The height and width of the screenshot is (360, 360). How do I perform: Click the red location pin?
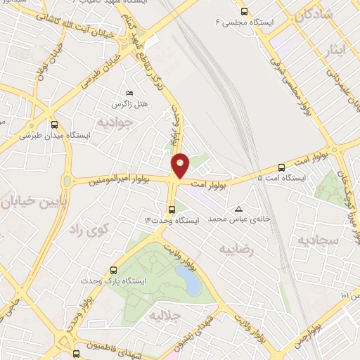tap(180, 165)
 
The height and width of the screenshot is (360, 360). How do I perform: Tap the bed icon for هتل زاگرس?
tap(128, 94)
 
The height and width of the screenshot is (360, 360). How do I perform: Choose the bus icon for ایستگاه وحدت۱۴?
tap(172, 210)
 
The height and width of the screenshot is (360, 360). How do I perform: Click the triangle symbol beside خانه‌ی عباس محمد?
tap(239, 209)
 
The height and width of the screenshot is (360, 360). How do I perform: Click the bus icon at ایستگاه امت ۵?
tap(282, 167)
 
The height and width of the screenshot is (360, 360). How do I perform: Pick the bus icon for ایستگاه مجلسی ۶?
tap(244, 11)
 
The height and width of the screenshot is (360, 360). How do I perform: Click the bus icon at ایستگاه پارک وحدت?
tap(114, 269)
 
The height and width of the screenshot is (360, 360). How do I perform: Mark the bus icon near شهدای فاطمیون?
tap(77, 353)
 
